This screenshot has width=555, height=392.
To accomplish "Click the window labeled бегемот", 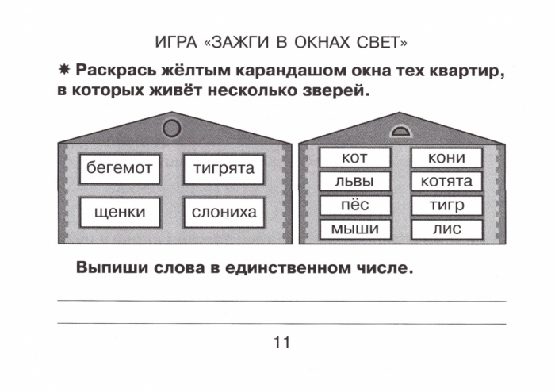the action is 120,168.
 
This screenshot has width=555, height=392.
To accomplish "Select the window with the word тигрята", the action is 224,168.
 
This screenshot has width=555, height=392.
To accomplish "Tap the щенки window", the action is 120,212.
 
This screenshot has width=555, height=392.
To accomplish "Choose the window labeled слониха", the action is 224,212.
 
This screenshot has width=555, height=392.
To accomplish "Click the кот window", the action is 355,158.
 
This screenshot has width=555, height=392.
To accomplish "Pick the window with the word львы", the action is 355,181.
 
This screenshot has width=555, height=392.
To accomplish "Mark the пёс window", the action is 355,205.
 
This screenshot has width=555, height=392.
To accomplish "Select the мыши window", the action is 355,229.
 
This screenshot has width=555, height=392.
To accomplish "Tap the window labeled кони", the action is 446,158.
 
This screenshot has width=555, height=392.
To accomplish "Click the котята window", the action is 446,181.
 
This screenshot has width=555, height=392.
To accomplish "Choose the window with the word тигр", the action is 446,205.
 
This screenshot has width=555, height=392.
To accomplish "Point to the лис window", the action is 446,229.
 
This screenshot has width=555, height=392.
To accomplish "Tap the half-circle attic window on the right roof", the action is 400,132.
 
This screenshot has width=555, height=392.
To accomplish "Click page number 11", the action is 281,343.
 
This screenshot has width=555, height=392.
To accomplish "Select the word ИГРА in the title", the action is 176,43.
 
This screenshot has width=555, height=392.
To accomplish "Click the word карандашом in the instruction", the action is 291,71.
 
